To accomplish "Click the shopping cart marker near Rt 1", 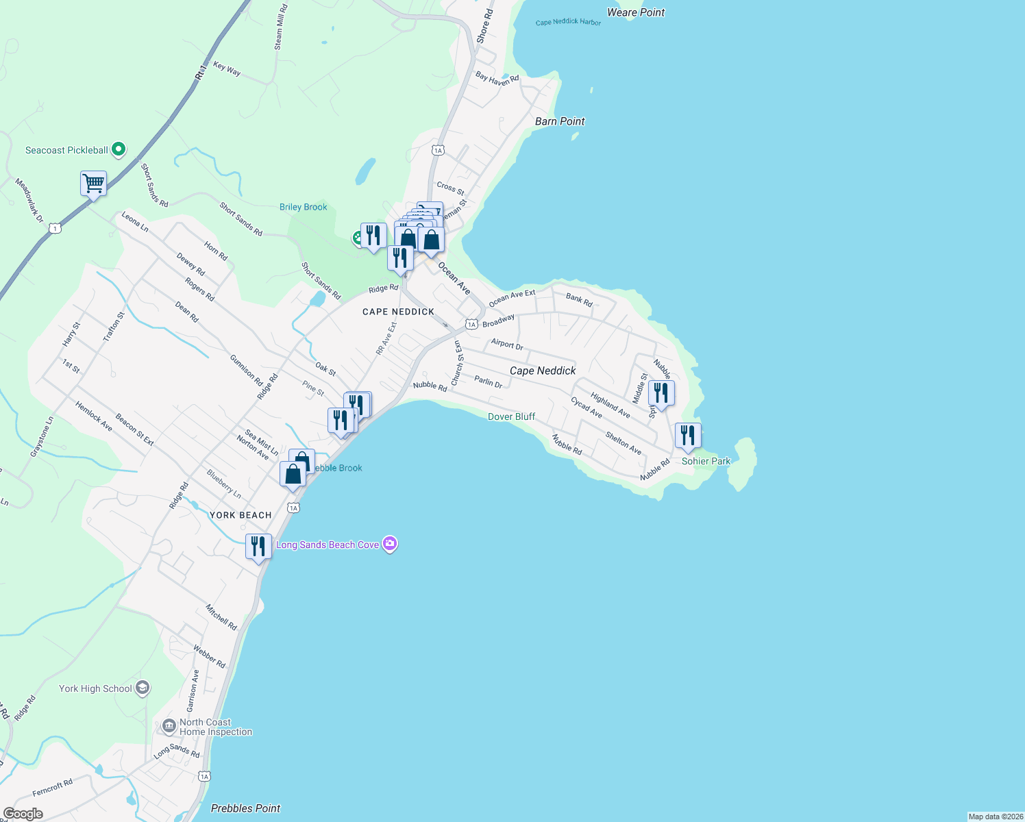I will click(93, 184).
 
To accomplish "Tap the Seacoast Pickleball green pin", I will click(118, 149).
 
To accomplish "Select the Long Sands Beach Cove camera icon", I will click(390, 544).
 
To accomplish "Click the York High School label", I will click(95, 688).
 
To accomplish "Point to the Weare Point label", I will click(635, 12).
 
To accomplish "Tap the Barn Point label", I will click(560, 121).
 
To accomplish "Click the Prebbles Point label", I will click(245, 808).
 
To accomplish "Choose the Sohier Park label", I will click(706, 461).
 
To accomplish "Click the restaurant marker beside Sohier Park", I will click(688, 436).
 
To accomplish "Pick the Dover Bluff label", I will click(511, 416).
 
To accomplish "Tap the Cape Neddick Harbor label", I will click(568, 22).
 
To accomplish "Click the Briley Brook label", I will click(303, 207).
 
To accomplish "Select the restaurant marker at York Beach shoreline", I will click(258, 547).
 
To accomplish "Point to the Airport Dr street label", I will click(507, 344).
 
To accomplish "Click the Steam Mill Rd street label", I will click(281, 27).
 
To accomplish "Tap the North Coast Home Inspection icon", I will click(169, 726).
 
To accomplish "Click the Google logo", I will click(23, 814).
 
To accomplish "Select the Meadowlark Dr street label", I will click(29, 200).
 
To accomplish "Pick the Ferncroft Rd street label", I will click(52, 788).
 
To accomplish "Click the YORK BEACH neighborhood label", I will click(240, 515).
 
